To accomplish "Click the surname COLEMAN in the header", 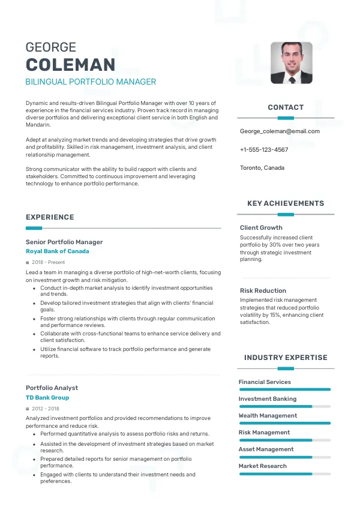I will tap(70, 65).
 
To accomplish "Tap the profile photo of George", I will tap(291, 62).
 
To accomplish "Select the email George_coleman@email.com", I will tap(280, 131).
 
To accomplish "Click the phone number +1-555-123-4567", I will tap(264, 149).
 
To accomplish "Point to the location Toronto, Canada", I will tap(262, 168).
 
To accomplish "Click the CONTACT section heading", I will tap(286, 107).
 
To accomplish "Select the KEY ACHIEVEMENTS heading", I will tap(286, 203).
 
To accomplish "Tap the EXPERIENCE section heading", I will tap(50, 217).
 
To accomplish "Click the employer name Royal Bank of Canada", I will tap(58, 251).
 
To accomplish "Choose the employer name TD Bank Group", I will tap(47, 398).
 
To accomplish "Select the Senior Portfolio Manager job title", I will tap(64, 242).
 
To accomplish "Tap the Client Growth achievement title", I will tap(261, 227).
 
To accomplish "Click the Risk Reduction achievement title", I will tap(263, 290).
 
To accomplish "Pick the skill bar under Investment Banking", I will tap(284, 406).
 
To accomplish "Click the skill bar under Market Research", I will tap(284, 473).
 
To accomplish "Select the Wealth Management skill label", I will tap(268, 415).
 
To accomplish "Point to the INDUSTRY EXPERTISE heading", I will tap(286, 358).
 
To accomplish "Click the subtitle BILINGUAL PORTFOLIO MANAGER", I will tap(91, 82).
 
